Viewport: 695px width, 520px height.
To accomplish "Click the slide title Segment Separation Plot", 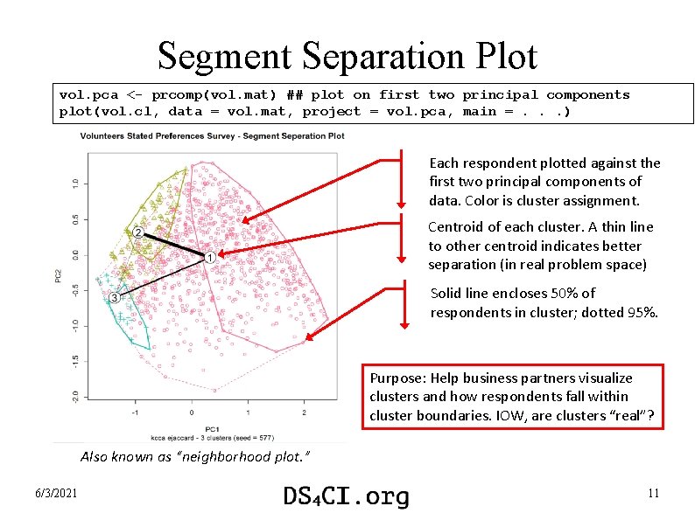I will point(347,57).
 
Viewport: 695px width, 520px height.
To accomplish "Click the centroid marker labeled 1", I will point(210,257).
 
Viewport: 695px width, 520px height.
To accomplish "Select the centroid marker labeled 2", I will point(139,232).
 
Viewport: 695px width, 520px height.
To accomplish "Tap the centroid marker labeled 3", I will point(115,298).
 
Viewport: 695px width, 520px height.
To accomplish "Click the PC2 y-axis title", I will point(59,274).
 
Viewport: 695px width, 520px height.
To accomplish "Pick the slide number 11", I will point(653,495).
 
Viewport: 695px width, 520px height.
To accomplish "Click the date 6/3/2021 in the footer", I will point(57,495).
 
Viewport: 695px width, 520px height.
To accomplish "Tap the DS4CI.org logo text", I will point(346,496).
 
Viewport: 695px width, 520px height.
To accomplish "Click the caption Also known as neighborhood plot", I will point(194,457).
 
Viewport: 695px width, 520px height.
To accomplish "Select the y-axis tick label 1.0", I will point(75,183).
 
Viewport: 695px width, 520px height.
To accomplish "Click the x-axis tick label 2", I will point(304,411).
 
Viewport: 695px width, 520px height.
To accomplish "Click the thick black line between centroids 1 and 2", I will point(176,245).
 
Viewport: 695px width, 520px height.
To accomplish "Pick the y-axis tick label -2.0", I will point(75,396).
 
